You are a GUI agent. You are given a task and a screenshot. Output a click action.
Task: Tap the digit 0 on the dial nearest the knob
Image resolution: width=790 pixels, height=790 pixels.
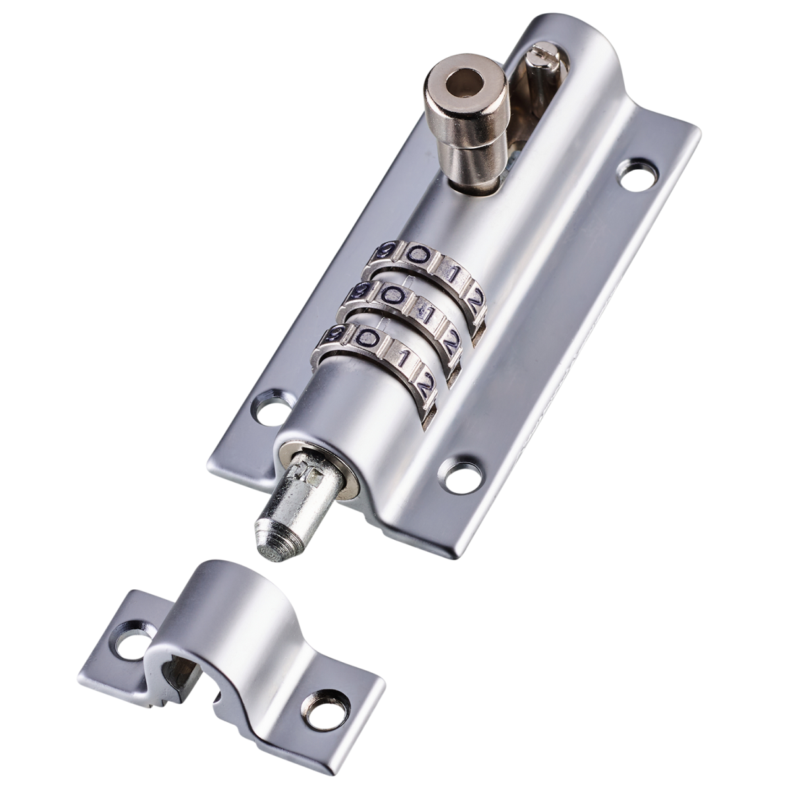click(416, 254)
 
